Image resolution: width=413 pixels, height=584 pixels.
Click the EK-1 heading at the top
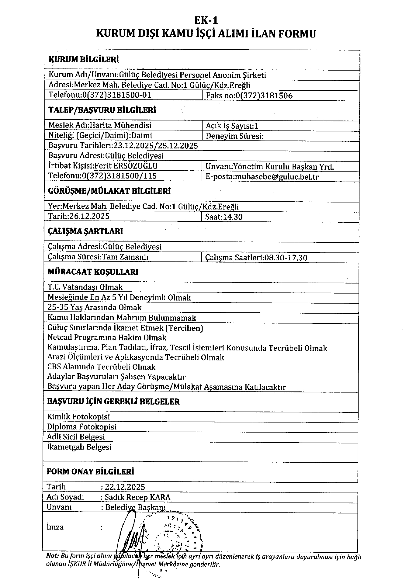tap(206, 20)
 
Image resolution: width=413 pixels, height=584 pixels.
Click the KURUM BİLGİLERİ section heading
tap(84, 59)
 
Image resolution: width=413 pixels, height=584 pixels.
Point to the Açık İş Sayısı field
tap(232, 126)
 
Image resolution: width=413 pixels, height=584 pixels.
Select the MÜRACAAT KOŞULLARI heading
tap(93, 272)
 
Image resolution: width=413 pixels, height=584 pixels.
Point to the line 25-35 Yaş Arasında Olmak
tap(94, 308)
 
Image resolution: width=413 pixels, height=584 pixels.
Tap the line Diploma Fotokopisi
tap(82, 427)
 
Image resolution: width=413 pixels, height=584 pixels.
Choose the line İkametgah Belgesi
tap(79, 447)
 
